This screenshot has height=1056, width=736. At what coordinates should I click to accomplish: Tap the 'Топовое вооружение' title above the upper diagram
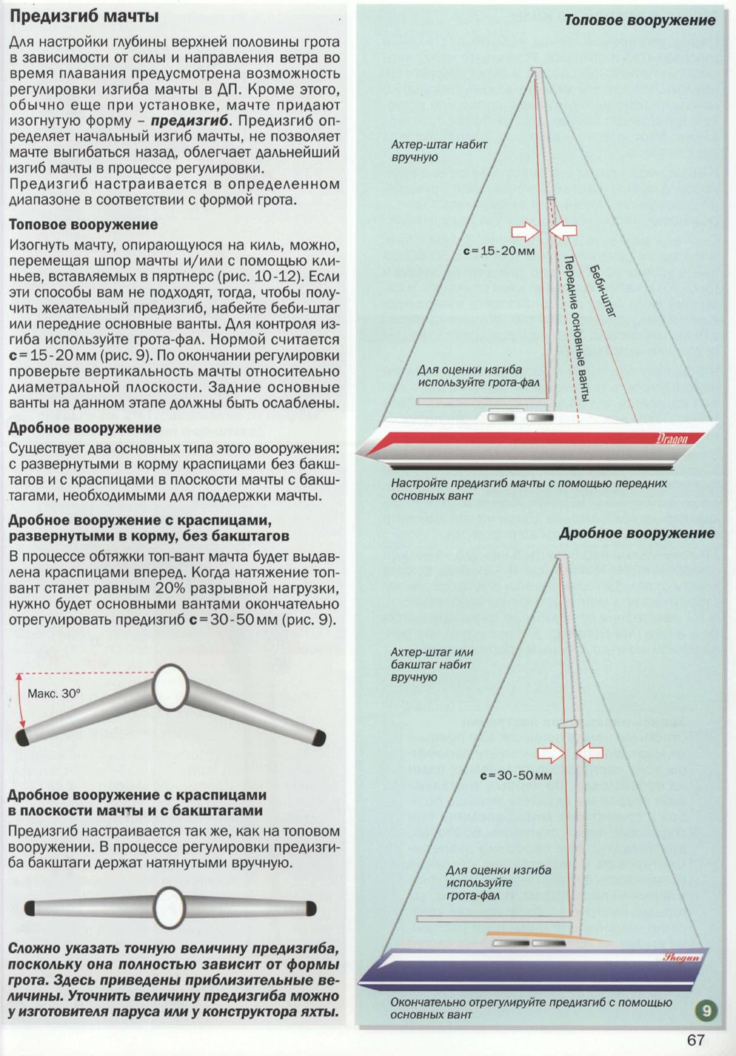tap(639, 20)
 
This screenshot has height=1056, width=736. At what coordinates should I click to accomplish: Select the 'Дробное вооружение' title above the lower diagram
tap(637, 532)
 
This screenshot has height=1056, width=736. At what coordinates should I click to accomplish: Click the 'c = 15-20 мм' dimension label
tap(498, 250)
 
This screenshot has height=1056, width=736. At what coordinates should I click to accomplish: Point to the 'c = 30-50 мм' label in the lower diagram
tap(516, 774)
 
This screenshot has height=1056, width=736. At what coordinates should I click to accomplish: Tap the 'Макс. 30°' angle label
tap(55, 693)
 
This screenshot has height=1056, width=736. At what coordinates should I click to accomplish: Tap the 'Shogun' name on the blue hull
tap(680, 957)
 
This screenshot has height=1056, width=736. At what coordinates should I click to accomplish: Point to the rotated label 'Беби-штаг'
tap(600, 290)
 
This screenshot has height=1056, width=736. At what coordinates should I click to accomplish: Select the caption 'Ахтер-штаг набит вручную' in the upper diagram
tap(438, 150)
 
